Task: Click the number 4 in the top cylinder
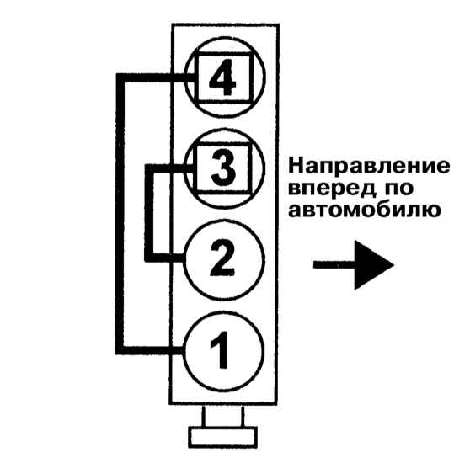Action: coord(222,77)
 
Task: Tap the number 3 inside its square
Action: coord(223,168)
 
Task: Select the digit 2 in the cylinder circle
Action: coord(222,259)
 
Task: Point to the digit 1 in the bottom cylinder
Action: coord(220,350)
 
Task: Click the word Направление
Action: coord(369,167)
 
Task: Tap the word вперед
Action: coord(332,189)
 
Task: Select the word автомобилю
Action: coord(364,210)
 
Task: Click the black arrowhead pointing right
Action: coord(374,265)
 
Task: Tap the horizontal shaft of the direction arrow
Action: coord(334,265)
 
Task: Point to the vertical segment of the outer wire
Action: coord(120,214)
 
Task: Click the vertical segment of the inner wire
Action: coord(149,213)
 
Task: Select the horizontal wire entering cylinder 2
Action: coord(164,258)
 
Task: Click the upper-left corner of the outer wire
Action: coord(120,77)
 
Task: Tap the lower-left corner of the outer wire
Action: coord(120,350)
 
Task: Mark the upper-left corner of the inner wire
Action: coord(149,168)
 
